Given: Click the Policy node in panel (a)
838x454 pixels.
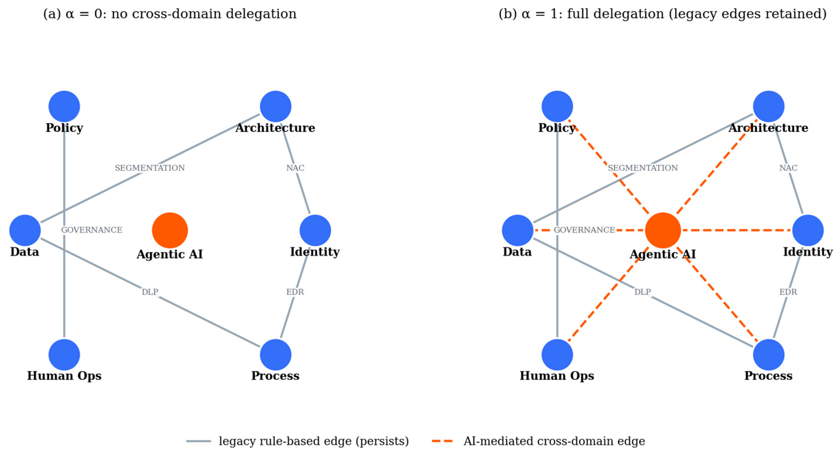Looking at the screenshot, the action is coord(64,106).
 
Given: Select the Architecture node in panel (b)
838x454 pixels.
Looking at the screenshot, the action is coord(768,106).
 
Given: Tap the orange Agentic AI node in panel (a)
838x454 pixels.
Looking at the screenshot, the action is coord(170,231).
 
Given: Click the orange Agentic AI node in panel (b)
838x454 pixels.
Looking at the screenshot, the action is coord(663,231).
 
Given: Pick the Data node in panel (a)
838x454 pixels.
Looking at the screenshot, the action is coord(25,231).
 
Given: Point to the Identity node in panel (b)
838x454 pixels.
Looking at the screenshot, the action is coord(808,231).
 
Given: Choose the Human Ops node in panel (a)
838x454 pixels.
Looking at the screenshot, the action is coord(64,355).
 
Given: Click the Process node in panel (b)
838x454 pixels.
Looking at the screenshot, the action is coord(768,355).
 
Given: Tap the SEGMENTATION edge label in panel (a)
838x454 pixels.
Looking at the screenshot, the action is coord(150,168).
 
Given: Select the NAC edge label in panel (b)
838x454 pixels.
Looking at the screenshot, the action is coord(788,168).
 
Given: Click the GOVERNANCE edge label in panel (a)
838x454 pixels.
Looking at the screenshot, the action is coord(92,230).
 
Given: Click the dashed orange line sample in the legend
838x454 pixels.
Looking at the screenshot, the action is coord(442,441).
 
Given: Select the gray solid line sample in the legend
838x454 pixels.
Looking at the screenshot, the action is coord(198,441).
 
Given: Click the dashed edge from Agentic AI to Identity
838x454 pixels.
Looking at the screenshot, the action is coord(736,231).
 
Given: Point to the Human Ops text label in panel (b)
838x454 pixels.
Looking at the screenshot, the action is coord(557,376).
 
